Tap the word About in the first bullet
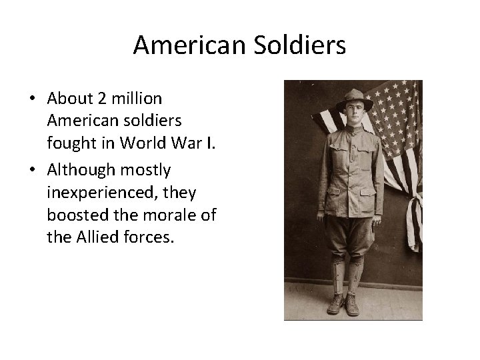pyautogui.click(x=69, y=98)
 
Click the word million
pyautogui.click(x=135, y=98)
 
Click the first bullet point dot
pyautogui.click(x=31, y=99)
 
